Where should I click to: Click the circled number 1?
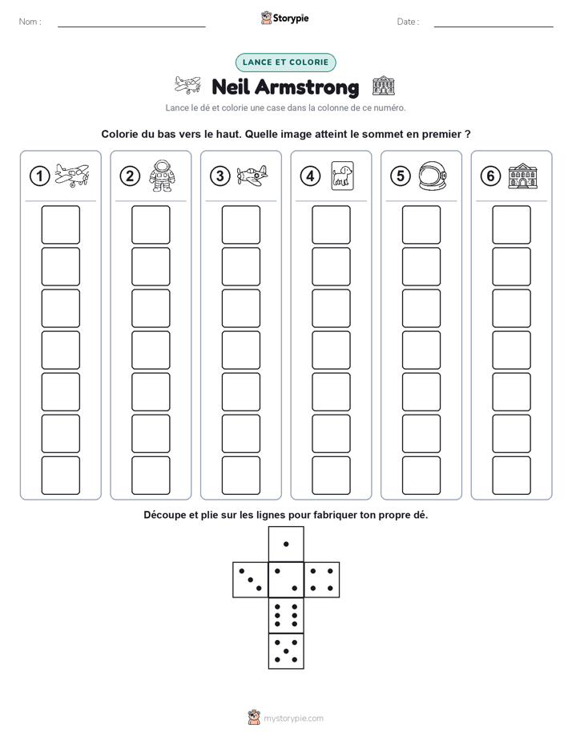click(39, 176)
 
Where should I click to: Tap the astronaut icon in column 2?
click(162, 176)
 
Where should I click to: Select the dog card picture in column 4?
click(343, 176)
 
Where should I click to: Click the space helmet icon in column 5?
click(433, 176)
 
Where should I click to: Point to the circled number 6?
click(491, 176)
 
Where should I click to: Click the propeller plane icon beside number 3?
click(252, 176)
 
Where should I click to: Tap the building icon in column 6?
click(523, 176)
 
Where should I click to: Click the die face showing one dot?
click(286, 545)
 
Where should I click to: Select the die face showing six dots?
click(286, 615)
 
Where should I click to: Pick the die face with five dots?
click(286, 651)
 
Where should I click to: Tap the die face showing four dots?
click(322, 580)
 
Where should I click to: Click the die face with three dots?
click(251, 580)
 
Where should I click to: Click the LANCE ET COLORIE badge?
click(285, 63)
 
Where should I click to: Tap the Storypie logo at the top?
click(284, 18)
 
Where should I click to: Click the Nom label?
click(30, 22)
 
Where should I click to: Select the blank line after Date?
click(493, 26)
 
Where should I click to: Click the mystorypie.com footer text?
click(293, 719)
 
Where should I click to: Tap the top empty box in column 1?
click(60, 225)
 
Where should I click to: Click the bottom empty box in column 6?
click(512, 476)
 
